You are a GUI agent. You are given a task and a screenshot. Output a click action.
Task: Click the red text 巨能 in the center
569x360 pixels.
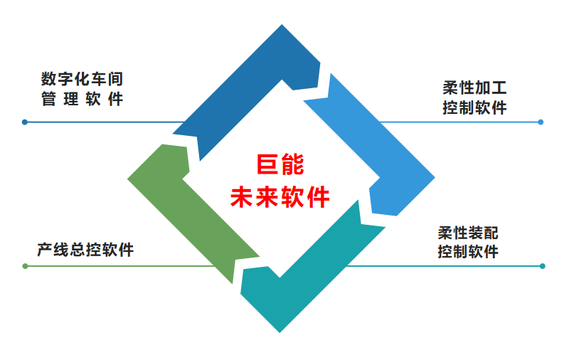[x=280, y=165]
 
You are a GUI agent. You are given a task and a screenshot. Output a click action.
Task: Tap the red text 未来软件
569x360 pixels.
[x=280, y=196]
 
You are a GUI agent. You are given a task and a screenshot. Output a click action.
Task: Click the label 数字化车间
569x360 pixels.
[x=83, y=79]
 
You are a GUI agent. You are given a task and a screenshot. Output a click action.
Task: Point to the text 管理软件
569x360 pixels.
[x=83, y=98]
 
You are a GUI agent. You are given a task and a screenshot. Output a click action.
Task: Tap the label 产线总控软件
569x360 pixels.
[x=85, y=250]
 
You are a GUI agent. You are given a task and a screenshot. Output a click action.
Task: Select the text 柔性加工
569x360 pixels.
[x=474, y=88]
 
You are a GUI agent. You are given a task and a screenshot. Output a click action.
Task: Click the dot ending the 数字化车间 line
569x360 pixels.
[x=25, y=122]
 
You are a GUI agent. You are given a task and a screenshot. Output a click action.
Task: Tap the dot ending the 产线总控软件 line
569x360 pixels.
[x=25, y=266]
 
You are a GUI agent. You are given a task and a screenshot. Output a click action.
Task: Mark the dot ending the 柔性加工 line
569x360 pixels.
[x=541, y=122]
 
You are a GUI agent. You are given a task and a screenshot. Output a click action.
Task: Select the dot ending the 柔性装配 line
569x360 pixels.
[x=543, y=266]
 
